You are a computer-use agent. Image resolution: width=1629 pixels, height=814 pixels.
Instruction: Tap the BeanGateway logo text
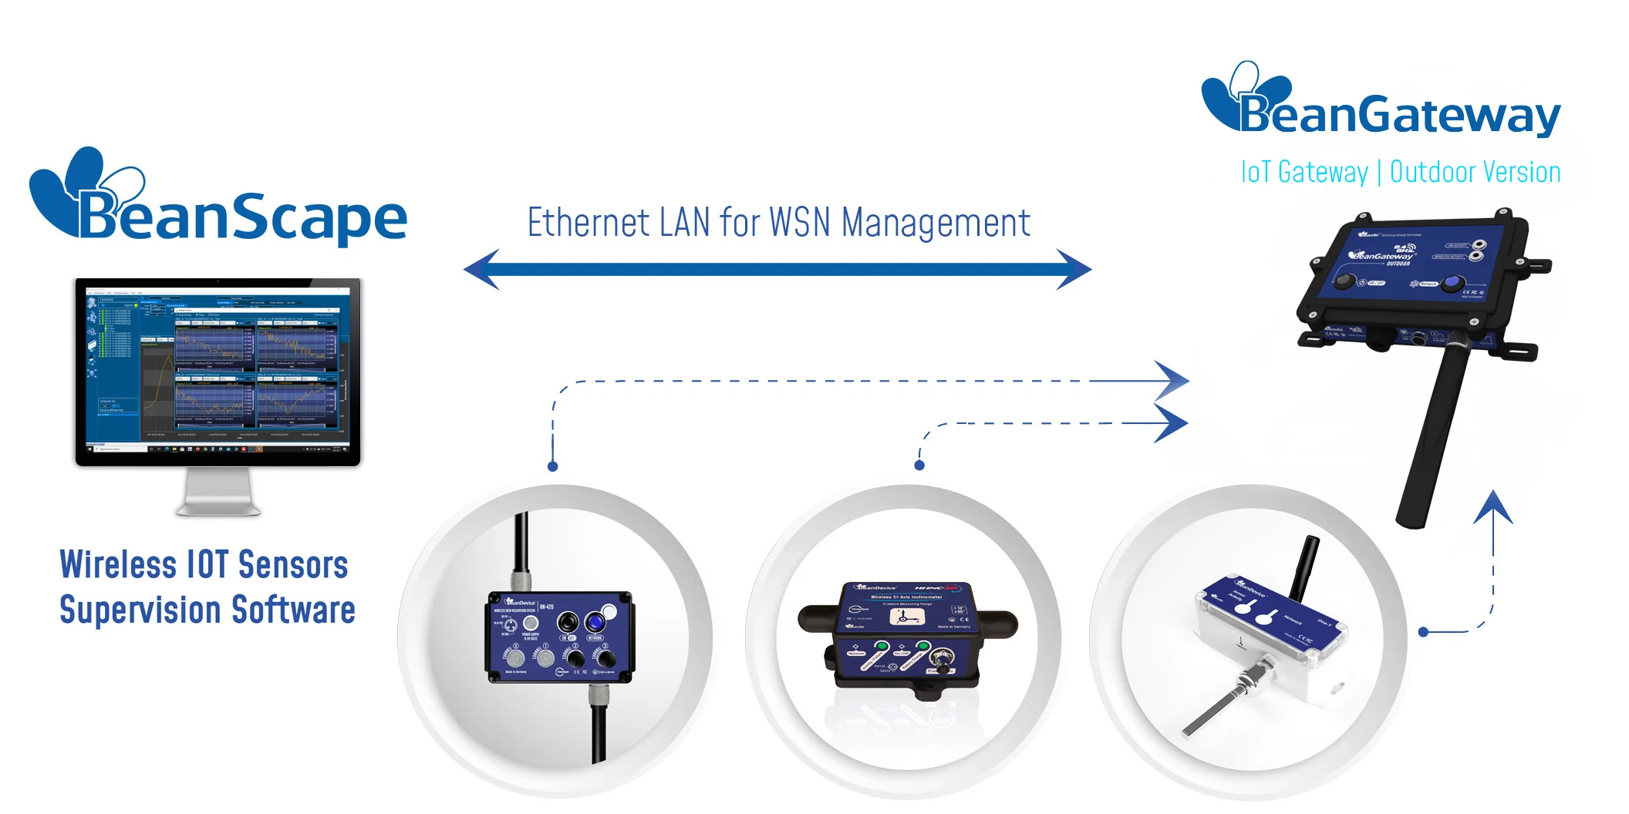[x=1399, y=116]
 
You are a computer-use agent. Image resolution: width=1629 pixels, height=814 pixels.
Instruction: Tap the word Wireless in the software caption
[x=117, y=565]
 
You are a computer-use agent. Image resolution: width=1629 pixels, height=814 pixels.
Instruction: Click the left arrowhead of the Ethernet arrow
[x=483, y=269]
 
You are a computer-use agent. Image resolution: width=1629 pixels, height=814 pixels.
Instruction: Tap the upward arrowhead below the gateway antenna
[x=1494, y=508]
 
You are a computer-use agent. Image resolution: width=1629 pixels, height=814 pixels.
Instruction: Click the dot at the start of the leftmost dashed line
[x=552, y=466]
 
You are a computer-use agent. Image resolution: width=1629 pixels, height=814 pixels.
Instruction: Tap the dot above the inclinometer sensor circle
[x=919, y=466]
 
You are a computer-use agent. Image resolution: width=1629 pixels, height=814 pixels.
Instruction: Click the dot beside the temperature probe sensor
[x=1423, y=632]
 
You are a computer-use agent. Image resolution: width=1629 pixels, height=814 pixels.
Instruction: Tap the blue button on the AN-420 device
[x=594, y=621]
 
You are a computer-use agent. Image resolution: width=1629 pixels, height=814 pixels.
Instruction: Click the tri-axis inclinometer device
[x=907, y=637]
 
